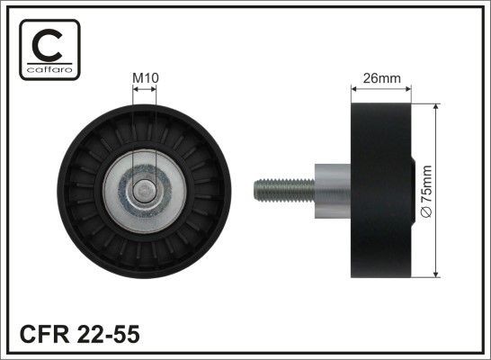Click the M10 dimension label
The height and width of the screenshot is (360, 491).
(x=146, y=78)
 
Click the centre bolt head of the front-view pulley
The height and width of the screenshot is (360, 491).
(x=145, y=190)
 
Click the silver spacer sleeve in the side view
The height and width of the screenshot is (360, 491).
(x=331, y=190)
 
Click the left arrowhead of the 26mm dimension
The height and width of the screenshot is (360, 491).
(x=354, y=88)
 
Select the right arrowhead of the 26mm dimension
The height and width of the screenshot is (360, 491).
(x=408, y=88)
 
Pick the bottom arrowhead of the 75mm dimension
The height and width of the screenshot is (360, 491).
(x=435, y=272)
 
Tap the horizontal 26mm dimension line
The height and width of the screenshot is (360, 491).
(x=381, y=88)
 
